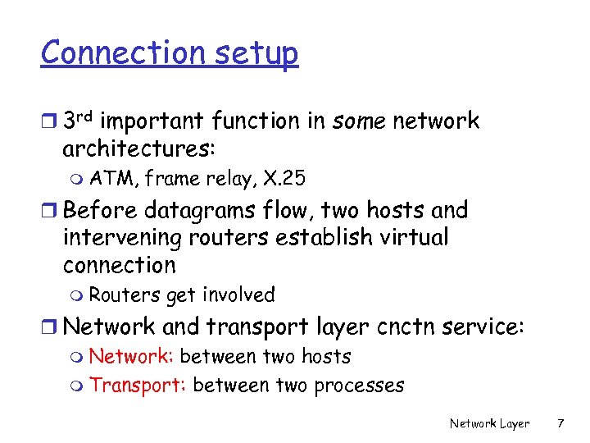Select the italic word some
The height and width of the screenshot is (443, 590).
(360, 121)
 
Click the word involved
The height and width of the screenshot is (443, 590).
(238, 295)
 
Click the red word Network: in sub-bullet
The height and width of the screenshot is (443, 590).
(131, 357)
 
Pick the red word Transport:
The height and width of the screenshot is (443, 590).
(138, 385)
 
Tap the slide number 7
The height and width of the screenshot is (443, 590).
(560, 423)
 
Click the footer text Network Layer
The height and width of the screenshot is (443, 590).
(489, 423)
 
